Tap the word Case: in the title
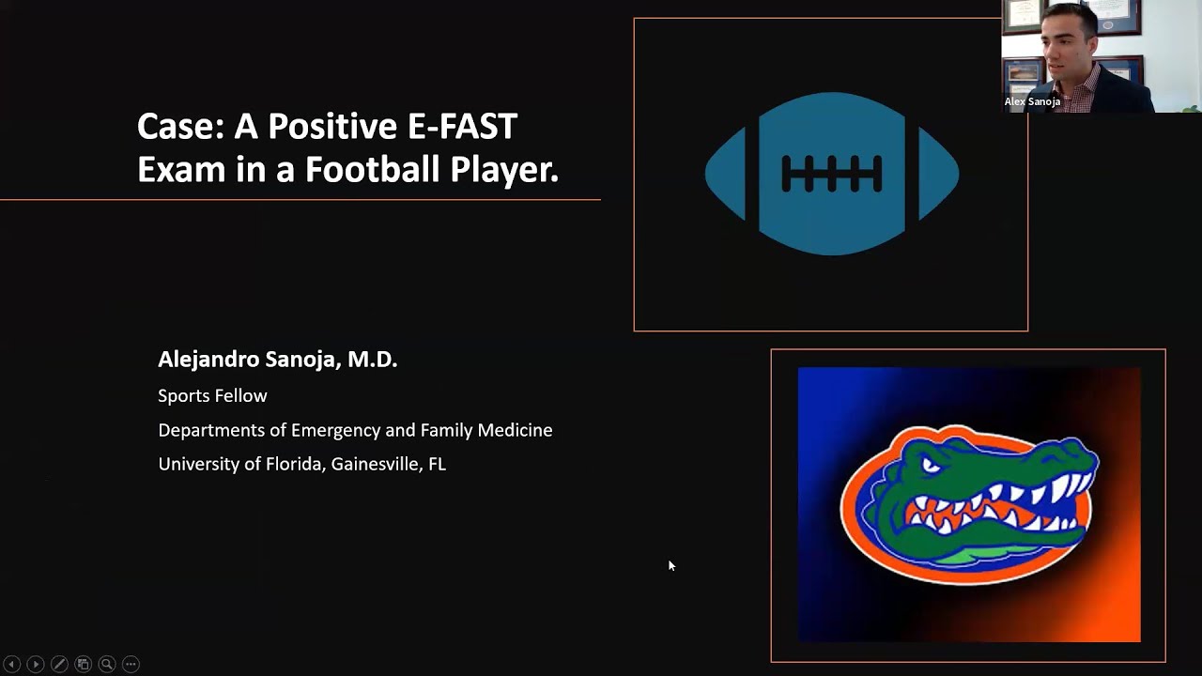pos(179,126)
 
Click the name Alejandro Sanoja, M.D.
pos(277,360)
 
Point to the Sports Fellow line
pos(212,396)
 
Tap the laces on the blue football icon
pos(831,174)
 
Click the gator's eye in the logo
pos(931,465)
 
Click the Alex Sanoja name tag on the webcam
pos(1032,101)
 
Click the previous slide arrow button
pos(12,664)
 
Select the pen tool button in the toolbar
pos(59,664)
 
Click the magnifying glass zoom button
pos(107,664)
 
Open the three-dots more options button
pos(131,664)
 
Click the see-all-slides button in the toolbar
pos(83,664)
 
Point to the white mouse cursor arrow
pos(671,565)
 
